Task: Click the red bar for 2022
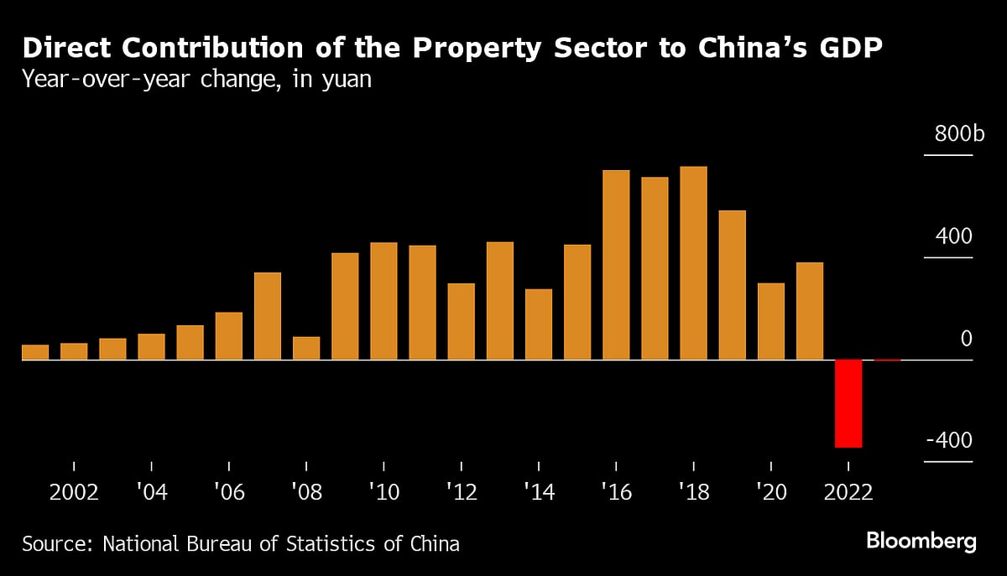tap(848, 403)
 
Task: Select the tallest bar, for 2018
tap(693, 263)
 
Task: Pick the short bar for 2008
tap(306, 348)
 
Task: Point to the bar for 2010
tap(383, 301)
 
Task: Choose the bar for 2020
tap(770, 321)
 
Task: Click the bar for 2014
tap(539, 324)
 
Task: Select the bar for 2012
tap(461, 321)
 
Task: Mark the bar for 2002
tap(74, 351)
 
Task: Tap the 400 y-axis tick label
tap(954, 237)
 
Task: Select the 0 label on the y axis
tap(966, 340)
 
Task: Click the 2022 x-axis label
tap(848, 492)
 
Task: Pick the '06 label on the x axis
tap(229, 492)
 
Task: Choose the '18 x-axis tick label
tap(693, 492)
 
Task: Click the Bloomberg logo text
tap(921, 542)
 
